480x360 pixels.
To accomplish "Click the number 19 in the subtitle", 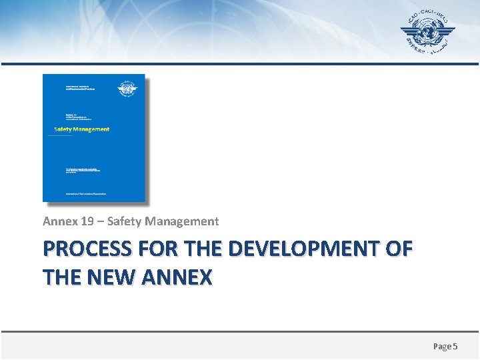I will [x=82, y=221].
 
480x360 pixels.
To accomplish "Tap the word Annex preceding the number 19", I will [x=58, y=221].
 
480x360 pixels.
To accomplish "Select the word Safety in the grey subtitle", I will [x=124, y=221].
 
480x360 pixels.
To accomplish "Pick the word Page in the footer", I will [x=442, y=346].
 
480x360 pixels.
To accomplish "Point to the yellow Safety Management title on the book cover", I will [x=81, y=129].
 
